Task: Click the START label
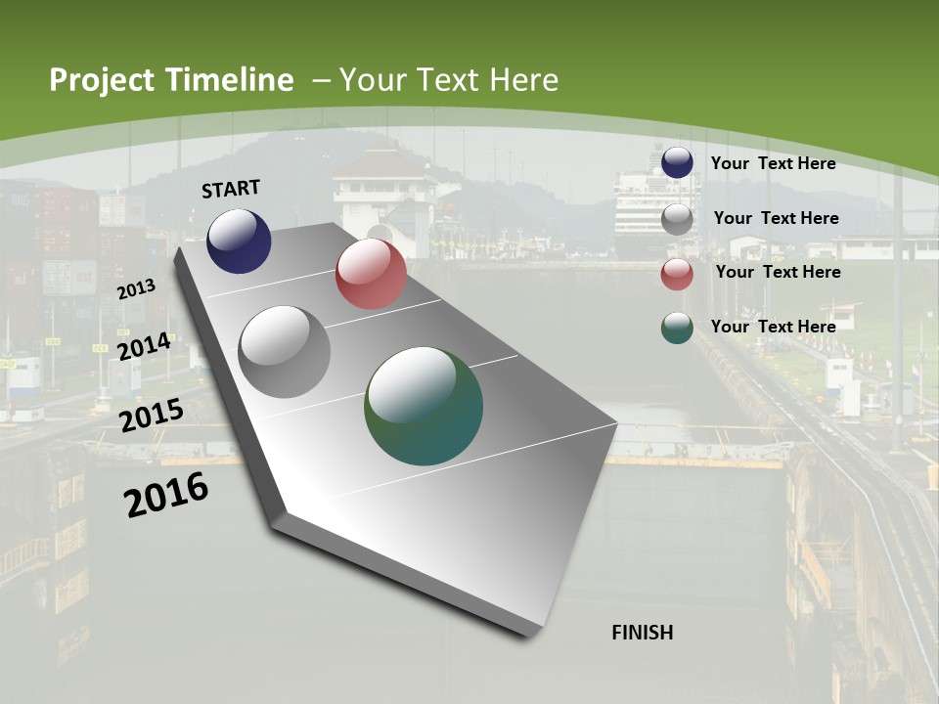coord(231,189)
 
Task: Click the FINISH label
coord(642,633)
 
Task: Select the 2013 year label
coord(136,289)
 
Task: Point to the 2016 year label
coord(165,495)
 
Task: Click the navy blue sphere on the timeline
coord(239,241)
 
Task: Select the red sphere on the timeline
coord(371,274)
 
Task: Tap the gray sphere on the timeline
coord(285,352)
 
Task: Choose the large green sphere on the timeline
coord(424,406)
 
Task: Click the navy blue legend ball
coord(677,162)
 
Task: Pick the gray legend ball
coord(677,219)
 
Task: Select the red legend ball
coord(677,274)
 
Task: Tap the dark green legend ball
coord(677,328)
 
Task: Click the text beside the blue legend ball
coord(773,163)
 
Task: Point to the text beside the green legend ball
coord(773,327)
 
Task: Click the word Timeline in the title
coord(230,80)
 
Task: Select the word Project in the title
coord(103,80)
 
